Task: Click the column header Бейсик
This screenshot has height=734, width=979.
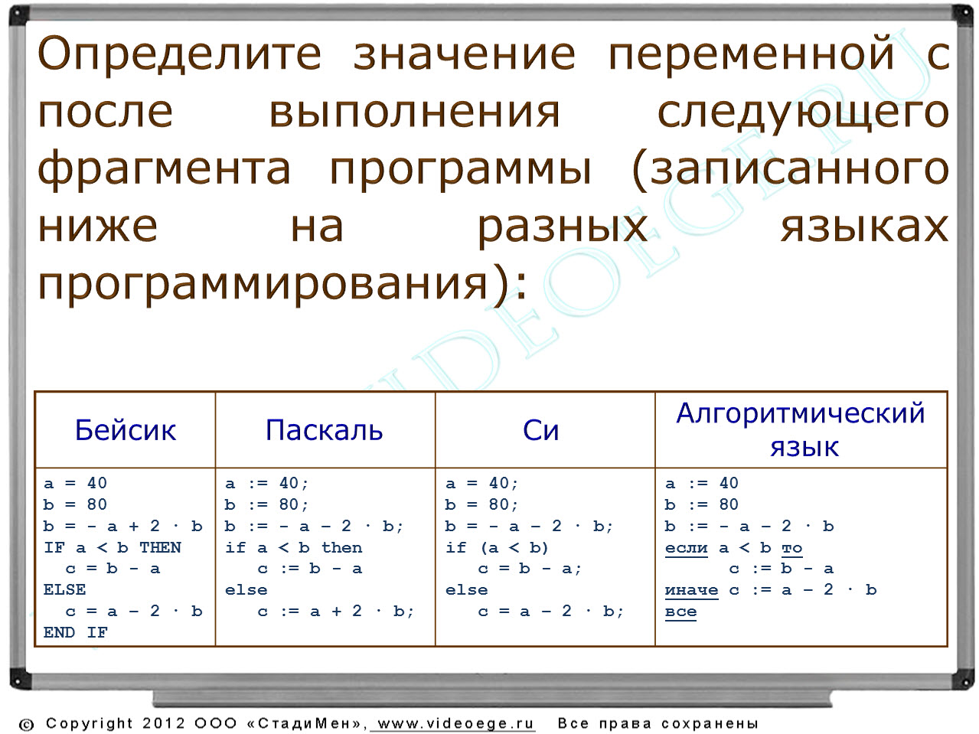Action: point(126,430)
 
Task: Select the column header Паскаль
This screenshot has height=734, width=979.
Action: point(325,430)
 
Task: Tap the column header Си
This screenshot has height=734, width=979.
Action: point(540,430)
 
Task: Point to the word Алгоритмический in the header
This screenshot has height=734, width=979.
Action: point(801,413)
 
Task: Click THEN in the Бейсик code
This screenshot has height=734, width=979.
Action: point(160,547)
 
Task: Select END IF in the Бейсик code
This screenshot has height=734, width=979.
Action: point(75,632)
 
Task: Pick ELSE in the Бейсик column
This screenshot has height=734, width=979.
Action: point(64,590)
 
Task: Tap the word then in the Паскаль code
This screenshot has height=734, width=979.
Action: point(341,547)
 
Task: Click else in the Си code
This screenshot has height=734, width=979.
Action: point(466,590)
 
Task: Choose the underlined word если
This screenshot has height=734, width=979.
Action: point(686,548)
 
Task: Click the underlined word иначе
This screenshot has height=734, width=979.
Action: point(691,590)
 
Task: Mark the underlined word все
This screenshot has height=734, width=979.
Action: point(680,612)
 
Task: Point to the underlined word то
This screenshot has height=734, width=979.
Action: point(791,548)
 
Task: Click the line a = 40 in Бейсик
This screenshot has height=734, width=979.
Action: point(75,483)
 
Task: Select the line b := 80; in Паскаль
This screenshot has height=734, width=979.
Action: point(266,504)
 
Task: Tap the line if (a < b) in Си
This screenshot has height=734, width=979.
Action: point(497,547)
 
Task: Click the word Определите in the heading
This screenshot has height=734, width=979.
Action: point(179,54)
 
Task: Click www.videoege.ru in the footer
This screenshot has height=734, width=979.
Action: point(455,723)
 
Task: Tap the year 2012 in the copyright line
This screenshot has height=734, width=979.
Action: point(164,723)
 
